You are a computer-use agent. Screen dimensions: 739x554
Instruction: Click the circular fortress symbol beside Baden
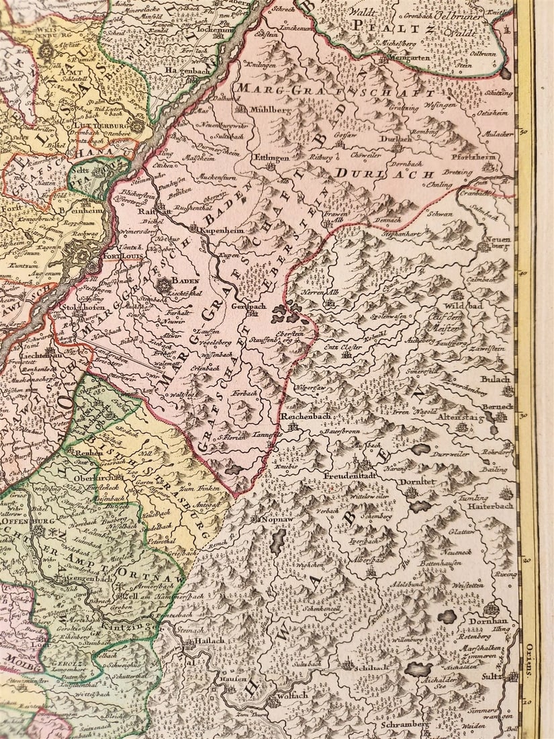[162, 286]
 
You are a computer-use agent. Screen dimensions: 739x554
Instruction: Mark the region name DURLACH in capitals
[367, 173]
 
